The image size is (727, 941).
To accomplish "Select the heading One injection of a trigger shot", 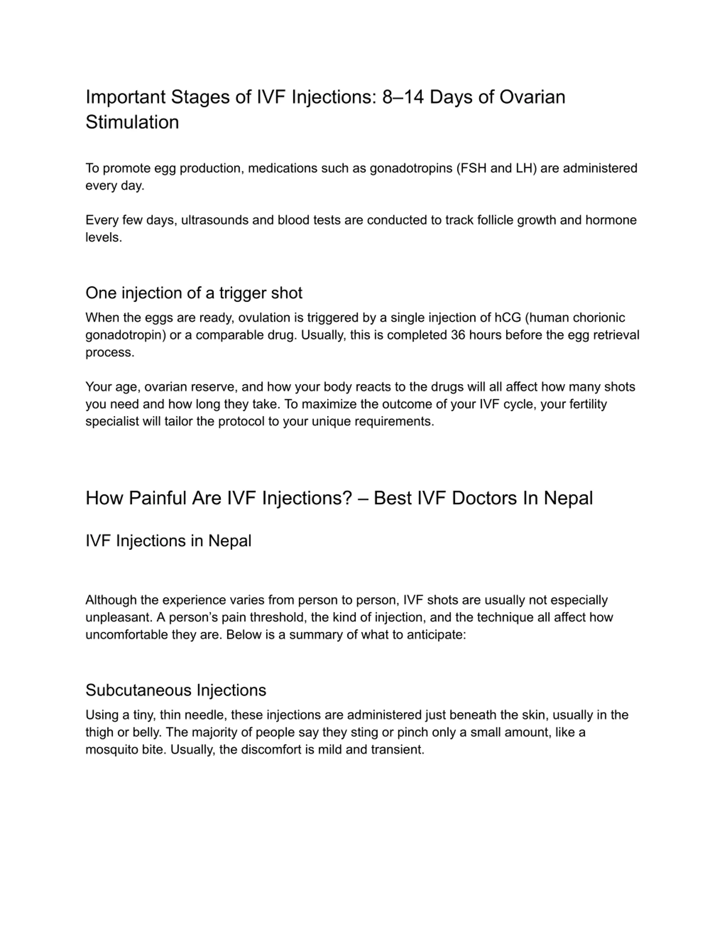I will [x=194, y=293].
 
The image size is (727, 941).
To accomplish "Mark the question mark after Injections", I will [x=348, y=498].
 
